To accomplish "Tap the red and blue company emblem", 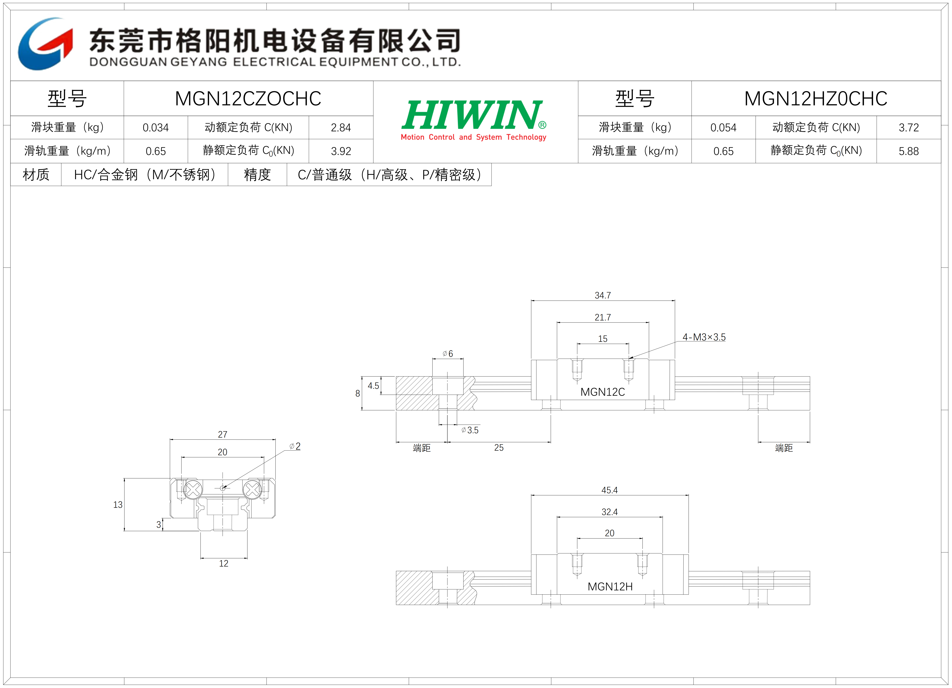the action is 45,44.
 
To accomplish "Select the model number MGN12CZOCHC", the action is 248,99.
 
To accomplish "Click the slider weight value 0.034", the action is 156,128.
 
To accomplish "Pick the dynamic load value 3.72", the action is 909,128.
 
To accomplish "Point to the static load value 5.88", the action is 909,151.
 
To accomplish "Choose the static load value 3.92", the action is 341,151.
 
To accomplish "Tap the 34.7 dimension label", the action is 603,295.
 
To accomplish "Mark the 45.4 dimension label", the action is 609,490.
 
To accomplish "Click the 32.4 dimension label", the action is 609,512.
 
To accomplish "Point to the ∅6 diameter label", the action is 448,354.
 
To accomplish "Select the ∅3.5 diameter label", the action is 470,430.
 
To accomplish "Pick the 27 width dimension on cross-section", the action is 223,434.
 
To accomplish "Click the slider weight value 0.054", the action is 723,128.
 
